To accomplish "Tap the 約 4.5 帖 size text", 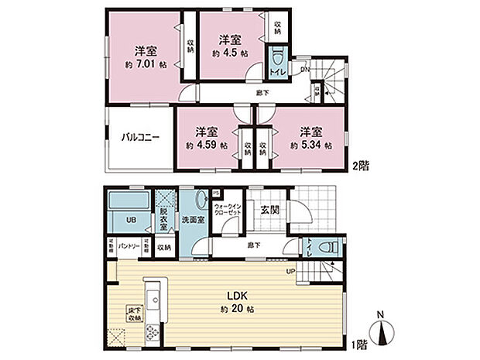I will [x=230, y=53].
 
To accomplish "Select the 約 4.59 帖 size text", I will [x=206, y=145].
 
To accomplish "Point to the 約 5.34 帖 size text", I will [x=311, y=145].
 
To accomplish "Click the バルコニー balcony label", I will [x=139, y=137].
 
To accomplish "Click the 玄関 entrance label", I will [x=270, y=209].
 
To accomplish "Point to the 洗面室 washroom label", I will [x=193, y=220].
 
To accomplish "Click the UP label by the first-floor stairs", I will [x=291, y=271].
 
